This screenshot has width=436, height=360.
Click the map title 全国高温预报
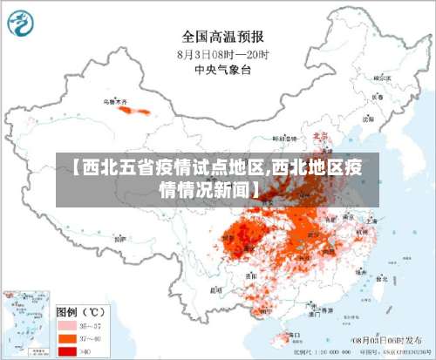pos(222,37)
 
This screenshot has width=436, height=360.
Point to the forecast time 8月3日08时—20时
pos(222,54)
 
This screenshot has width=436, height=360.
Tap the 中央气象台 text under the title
pos(222,70)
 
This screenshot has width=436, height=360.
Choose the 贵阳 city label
pos(251,272)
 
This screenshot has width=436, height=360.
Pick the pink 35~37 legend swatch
pos(66,324)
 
